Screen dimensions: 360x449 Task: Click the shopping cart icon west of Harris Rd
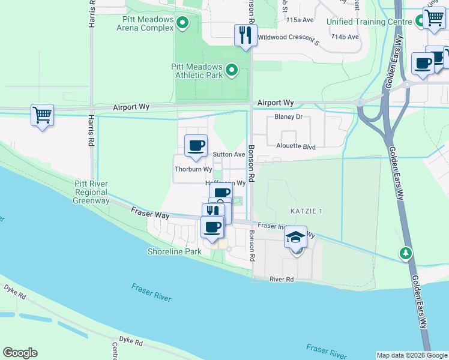tap(42, 114)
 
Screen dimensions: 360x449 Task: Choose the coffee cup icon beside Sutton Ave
tap(196, 146)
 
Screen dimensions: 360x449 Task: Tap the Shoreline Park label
tap(175, 251)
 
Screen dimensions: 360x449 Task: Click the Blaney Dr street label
tap(288, 118)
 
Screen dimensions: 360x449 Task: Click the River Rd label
tap(281, 279)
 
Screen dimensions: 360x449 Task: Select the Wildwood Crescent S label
tap(289, 38)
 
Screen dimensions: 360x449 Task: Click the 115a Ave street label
tap(300, 20)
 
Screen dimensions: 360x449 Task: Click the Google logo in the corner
tap(20, 353)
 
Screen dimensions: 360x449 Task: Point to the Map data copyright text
tap(412, 355)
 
